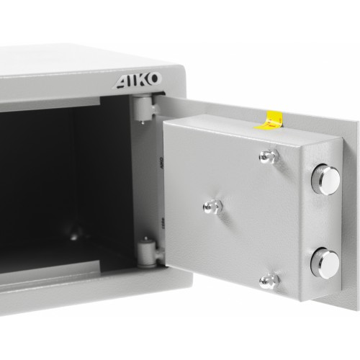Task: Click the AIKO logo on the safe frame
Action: coord(138,80)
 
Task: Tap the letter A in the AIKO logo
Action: coord(122,82)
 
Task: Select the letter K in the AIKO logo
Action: coord(143,80)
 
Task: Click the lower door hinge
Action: coord(147,254)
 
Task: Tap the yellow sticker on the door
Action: coord(270,120)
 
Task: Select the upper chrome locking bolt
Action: coord(325,179)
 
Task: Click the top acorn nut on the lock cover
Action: coord(269,156)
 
